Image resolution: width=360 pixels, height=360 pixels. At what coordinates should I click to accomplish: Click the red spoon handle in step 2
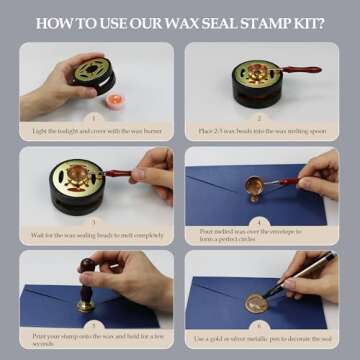[300, 72]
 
